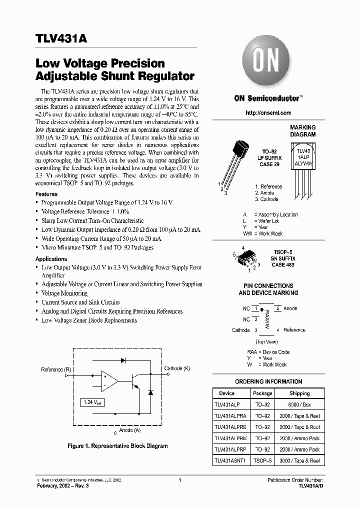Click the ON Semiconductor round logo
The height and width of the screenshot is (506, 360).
tap(264, 61)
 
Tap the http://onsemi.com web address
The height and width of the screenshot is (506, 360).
tap(268, 113)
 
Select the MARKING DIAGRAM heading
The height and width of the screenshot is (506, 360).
tap(302, 131)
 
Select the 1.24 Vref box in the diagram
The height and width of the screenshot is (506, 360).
tap(91, 402)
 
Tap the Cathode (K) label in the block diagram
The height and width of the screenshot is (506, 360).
tap(177, 368)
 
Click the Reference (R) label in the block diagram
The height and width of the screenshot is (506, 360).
tap(56, 369)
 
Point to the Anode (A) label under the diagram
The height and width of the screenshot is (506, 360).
tap(129, 430)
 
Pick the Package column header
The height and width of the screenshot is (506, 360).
tap(262, 393)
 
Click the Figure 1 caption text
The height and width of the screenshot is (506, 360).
tap(117, 445)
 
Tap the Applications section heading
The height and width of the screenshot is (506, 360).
tap(51, 259)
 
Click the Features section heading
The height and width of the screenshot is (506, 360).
tap(46, 194)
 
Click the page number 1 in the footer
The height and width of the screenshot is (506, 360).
tap(179, 480)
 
